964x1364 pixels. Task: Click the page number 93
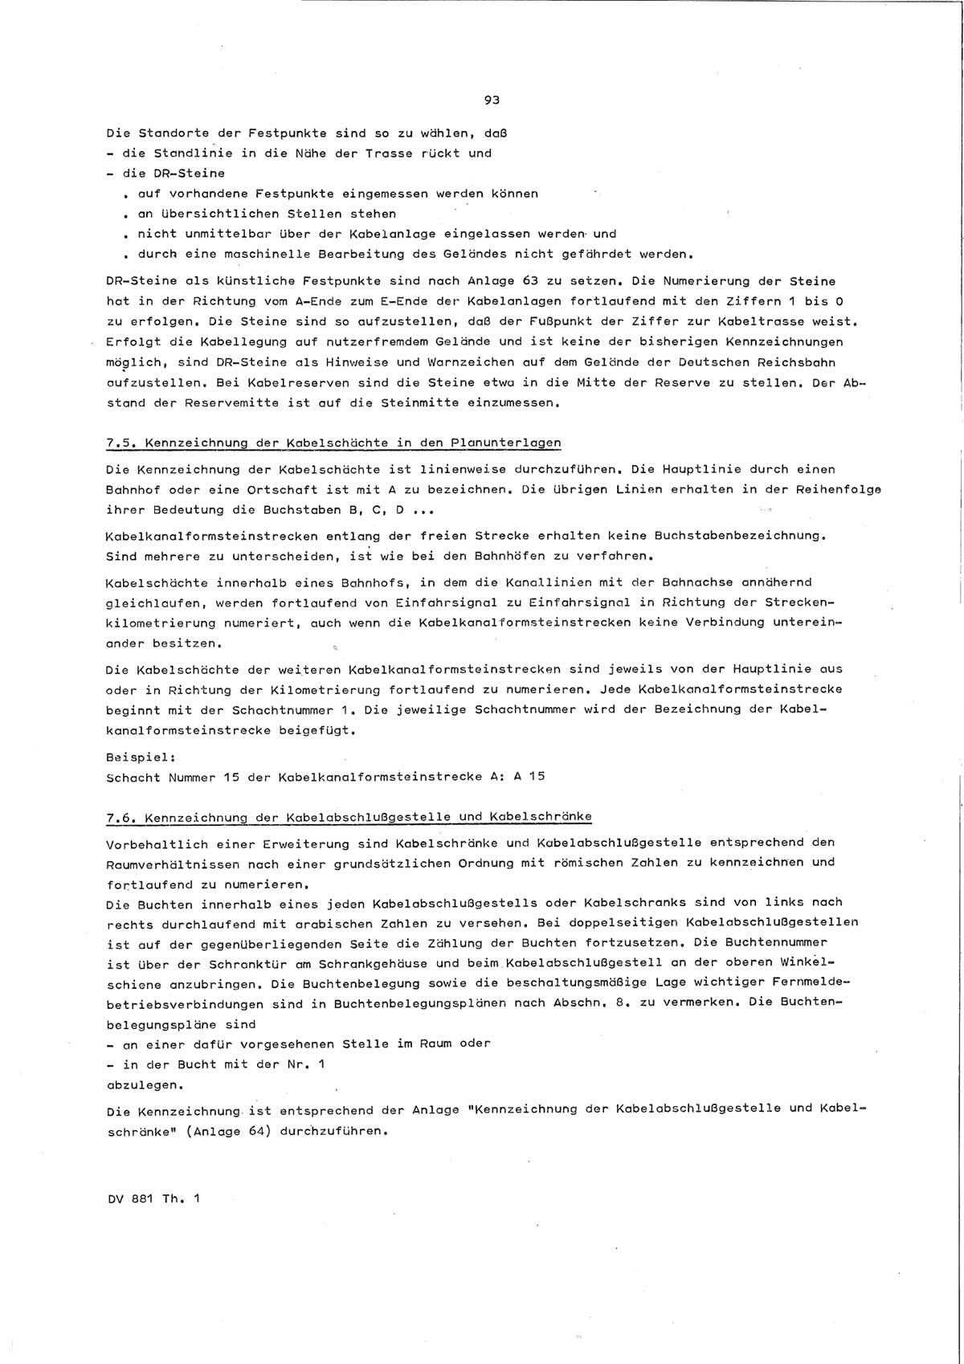492,100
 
